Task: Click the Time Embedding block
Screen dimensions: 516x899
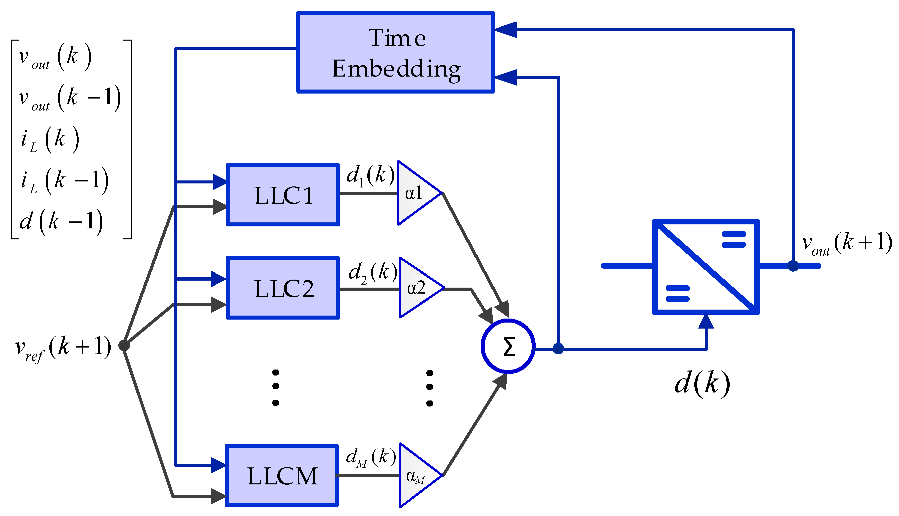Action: pos(395,53)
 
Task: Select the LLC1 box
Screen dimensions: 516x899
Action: pos(283,194)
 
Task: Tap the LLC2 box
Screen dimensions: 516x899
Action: pos(283,288)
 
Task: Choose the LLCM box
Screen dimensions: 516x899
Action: pos(282,475)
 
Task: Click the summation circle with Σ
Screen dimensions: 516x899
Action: pos(508,347)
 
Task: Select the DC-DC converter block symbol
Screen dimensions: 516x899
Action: pos(706,267)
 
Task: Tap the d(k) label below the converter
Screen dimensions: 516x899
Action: pos(702,384)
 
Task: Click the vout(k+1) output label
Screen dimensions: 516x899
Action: pos(846,243)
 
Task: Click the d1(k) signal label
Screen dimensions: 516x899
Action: pos(370,175)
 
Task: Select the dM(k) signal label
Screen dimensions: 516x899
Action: pos(370,457)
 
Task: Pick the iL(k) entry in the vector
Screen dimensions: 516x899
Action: pos(50,139)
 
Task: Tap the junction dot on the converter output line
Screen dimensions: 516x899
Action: pos(793,265)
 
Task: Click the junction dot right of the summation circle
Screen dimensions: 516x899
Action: pos(558,349)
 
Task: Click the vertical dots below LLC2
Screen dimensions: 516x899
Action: pos(275,387)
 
